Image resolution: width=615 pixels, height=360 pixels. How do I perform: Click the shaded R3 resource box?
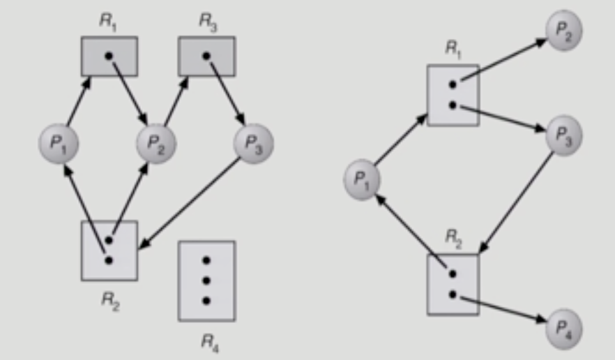207,57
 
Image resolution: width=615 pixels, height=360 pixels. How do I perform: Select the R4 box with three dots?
206,280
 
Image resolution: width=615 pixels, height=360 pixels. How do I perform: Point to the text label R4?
207,343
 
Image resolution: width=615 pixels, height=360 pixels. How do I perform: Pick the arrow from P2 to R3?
174,103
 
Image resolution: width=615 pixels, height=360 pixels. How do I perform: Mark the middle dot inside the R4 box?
206,280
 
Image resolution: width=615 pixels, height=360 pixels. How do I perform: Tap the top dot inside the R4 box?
206,260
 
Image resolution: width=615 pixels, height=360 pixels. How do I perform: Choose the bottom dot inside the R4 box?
206,301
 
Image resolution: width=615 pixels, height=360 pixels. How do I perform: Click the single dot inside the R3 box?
206,54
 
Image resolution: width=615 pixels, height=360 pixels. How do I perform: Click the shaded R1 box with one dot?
109,57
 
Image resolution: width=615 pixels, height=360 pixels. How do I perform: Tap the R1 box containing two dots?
453,95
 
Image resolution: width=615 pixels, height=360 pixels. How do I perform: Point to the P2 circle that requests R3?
155,144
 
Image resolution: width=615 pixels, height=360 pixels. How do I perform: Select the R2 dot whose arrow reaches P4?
453,294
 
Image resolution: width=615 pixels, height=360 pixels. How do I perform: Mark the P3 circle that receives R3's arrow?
253,144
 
